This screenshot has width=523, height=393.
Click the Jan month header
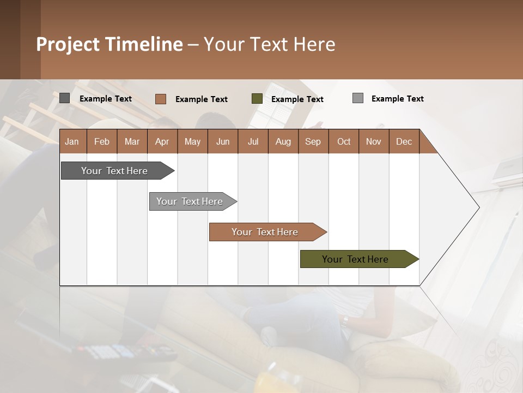(72, 141)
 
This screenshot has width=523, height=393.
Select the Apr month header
(162, 141)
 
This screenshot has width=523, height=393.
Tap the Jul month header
(253, 141)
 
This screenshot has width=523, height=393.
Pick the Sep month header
(313, 141)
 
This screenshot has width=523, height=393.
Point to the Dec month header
(404, 141)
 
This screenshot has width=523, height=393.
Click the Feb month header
(102, 141)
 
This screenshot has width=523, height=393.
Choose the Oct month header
(344, 141)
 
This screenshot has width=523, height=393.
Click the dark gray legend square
(65, 98)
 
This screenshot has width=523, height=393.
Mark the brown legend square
(161, 99)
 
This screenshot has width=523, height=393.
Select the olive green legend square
(257, 99)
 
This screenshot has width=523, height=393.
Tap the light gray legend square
(358, 98)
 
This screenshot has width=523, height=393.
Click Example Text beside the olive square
(297, 99)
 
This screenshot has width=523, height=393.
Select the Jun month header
(223, 141)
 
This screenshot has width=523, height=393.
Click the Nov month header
(374, 141)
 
